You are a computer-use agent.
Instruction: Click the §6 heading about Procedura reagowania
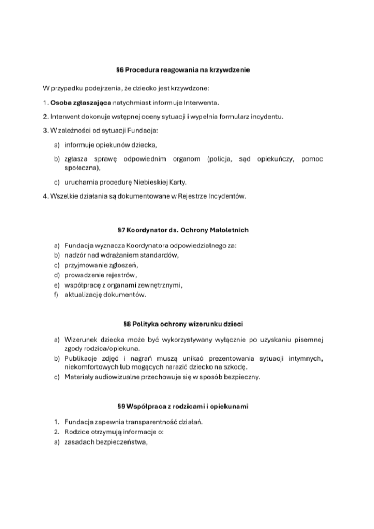click(183, 70)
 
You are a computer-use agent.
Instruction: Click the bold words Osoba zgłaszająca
click(81, 103)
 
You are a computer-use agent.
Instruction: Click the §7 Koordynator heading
click(183, 230)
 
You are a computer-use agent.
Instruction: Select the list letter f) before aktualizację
click(56, 295)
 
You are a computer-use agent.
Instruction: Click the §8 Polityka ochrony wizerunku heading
click(183, 324)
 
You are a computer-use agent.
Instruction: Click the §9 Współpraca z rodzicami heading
click(183, 406)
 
